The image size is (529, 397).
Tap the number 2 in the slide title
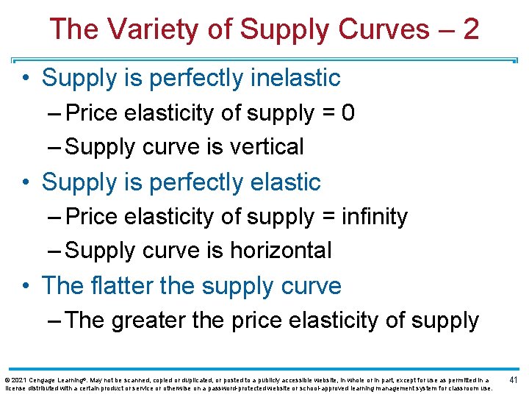pos(471,29)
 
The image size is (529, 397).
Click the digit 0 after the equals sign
pos(348,113)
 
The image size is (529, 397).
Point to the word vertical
pos(267,146)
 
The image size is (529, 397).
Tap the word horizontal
pos(281,250)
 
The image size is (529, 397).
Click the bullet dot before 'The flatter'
pos(27,286)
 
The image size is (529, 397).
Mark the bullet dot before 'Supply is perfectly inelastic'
pos(27,78)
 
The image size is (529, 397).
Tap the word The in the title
pos(73,29)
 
